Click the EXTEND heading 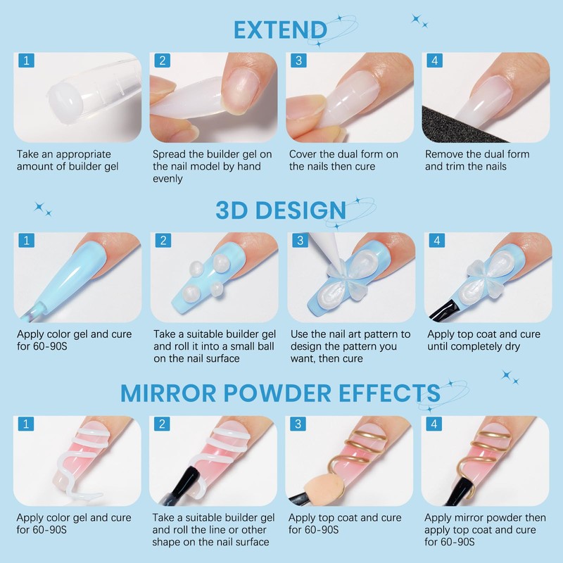point(280,30)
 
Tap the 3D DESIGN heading point(281,210)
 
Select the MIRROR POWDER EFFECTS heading point(280,392)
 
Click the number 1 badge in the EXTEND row point(26,61)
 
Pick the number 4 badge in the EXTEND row point(435,61)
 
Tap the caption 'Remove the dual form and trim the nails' point(477,160)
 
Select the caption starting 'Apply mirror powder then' point(486,529)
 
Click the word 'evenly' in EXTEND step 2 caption point(167,179)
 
